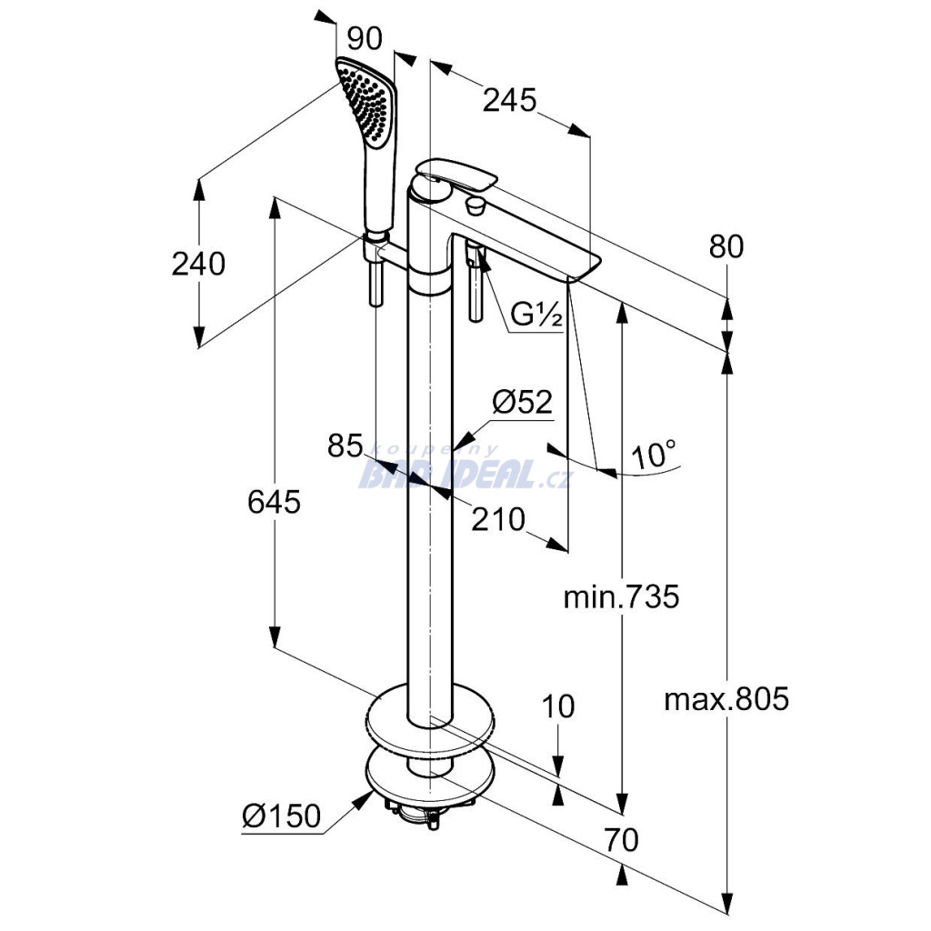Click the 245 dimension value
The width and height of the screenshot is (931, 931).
pyautogui.click(x=508, y=100)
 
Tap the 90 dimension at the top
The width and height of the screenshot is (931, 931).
pyautogui.click(x=364, y=38)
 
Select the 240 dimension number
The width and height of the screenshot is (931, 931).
pyautogui.click(x=198, y=264)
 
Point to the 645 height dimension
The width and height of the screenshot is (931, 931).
pyautogui.click(x=274, y=501)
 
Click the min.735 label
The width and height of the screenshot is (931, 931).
pyautogui.click(x=621, y=597)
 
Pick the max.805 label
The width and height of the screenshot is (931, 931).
pyautogui.click(x=726, y=699)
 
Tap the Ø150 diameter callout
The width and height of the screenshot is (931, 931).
pyautogui.click(x=282, y=817)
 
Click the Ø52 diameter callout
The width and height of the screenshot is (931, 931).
pyautogui.click(x=522, y=402)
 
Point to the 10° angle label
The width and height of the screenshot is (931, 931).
pyautogui.click(x=656, y=455)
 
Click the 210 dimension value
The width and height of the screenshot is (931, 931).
pyautogui.click(x=498, y=519)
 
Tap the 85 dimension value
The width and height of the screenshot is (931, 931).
pyautogui.click(x=345, y=445)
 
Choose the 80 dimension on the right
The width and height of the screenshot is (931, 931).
pyautogui.click(x=725, y=245)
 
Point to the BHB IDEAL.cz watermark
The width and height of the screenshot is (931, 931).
pyautogui.click(x=465, y=471)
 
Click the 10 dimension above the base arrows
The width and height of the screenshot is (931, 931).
pyautogui.click(x=559, y=706)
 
